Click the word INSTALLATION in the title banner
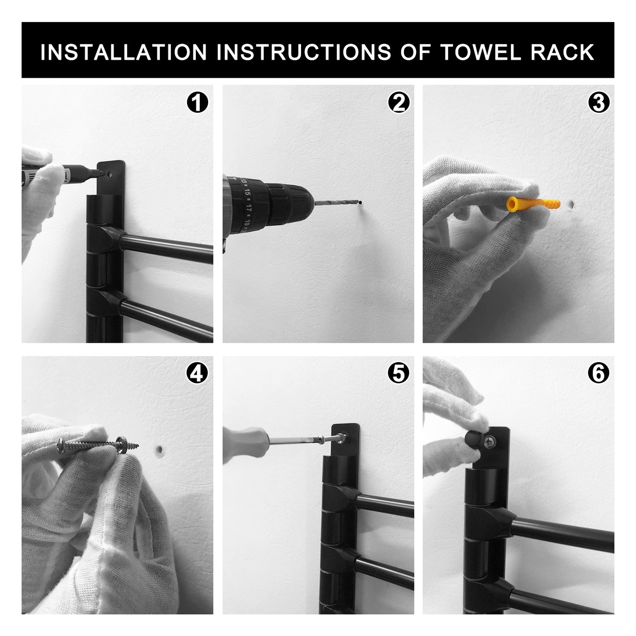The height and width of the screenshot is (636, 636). point(123,52)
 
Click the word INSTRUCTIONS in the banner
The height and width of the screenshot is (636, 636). point(304,52)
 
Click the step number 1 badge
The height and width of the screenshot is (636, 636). point(197,102)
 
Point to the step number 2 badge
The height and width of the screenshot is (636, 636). point(399,102)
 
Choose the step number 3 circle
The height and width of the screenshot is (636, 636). point(599,102)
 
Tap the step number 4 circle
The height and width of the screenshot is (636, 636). point(197,374)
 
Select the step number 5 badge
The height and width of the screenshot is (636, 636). point(398,374)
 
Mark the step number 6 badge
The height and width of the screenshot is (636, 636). point(599,374)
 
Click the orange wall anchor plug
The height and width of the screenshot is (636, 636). point(533,204)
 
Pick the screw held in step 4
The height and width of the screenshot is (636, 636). point(98,445)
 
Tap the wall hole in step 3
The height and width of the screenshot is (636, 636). point(570,205)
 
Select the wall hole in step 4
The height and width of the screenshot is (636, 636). point(159,449)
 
